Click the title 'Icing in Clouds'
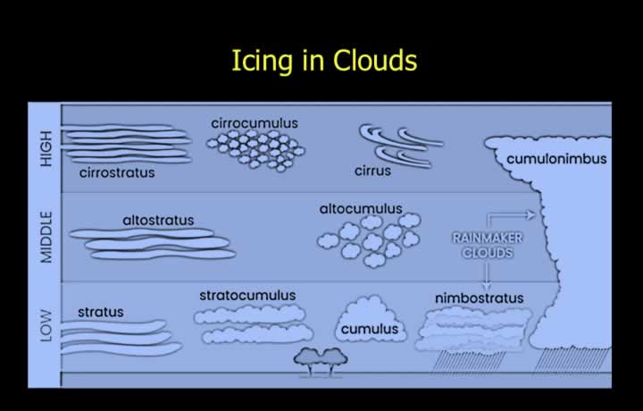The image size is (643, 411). [324, 61]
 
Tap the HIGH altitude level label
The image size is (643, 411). [46, 148]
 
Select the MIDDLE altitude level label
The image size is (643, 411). [46, 237]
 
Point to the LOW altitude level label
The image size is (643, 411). [46, 326]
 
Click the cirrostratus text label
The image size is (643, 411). [117, 172]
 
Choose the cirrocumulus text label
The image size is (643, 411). [255, 123]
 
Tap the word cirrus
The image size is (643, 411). [372, 171]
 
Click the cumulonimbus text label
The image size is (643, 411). [556, 159]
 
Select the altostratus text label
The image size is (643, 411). [158, 221]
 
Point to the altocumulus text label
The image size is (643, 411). [361, 209]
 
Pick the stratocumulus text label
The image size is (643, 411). [247, 296]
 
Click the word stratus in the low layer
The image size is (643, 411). [100, 312]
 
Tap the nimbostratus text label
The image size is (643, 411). [479, 298]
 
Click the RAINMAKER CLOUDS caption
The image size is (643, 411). [488, 246]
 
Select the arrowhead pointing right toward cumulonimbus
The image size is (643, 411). [531, 214]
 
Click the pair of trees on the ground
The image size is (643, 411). [321, 362]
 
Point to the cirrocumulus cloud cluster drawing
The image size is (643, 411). [255, 150]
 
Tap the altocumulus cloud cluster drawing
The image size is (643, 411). [369, 240]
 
